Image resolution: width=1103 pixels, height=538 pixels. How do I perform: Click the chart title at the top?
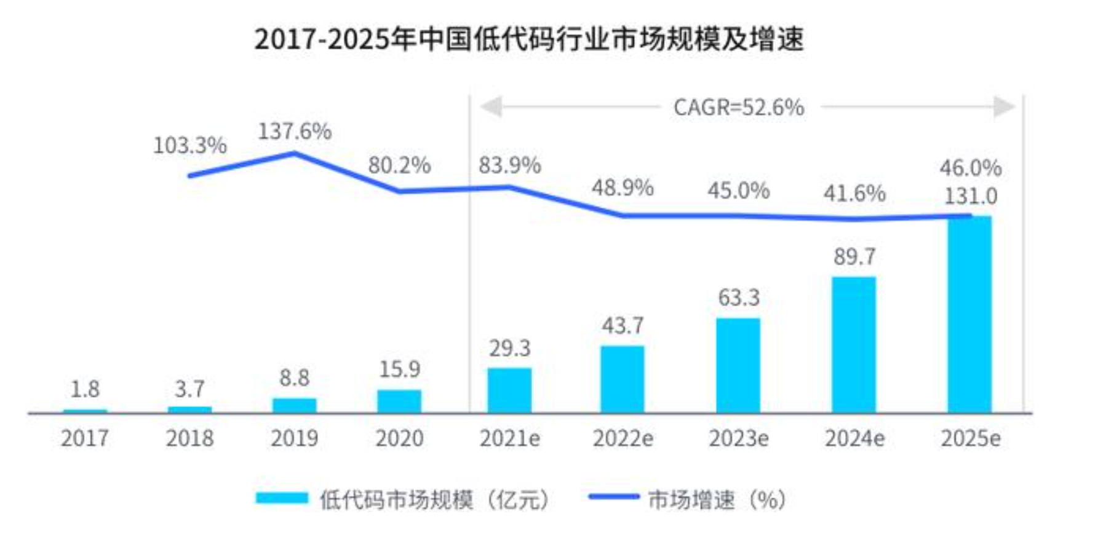tap(529, 39)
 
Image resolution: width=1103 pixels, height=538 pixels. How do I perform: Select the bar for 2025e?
tap(970, 314)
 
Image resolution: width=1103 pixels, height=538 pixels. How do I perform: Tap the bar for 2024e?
tap(854, 344)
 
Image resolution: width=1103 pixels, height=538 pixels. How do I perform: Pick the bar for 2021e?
tap(509, 390)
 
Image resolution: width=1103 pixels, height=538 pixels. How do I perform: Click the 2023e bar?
tap(738, 365)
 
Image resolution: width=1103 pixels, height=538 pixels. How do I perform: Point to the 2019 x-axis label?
tap(294, 438)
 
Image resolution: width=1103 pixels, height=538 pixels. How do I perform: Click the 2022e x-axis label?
tap(623, 438)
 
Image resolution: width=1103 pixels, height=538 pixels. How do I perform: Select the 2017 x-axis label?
tap(85, 438)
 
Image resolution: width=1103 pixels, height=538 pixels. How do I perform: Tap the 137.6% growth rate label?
tap(294, 131)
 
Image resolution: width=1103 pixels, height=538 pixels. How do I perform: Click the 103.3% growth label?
tap(189, 146)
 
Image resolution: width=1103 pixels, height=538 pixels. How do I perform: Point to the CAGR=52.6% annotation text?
tap(738, 108)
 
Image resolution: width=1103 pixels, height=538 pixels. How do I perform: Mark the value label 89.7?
tap(854, 256)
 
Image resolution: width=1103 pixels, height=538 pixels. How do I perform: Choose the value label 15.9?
tap(399, 369)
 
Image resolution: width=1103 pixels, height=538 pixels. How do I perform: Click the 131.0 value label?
tap(970, 196)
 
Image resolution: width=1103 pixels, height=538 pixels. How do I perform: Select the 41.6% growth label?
tap(854, 194)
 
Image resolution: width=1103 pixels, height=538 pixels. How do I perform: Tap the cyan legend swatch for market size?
tap(282, 498)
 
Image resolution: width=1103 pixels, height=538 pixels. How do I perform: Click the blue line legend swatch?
tap(613, 497)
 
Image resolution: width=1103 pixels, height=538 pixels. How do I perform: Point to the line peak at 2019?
tap(294, 153)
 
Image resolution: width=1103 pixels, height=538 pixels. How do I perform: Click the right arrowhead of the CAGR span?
tap(1004, 107)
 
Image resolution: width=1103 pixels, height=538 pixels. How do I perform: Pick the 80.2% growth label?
tap(399, 165)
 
